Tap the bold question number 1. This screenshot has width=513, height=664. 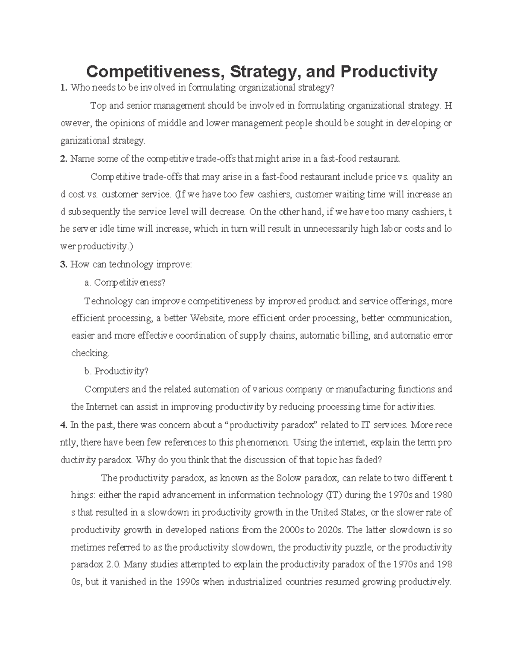tap(64, 88)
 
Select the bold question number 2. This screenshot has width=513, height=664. tap(64, 159)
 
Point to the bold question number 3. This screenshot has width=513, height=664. tap(64, 265)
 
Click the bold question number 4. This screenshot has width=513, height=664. tap(64, 425)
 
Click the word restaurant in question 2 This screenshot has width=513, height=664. tap(379, 159)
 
